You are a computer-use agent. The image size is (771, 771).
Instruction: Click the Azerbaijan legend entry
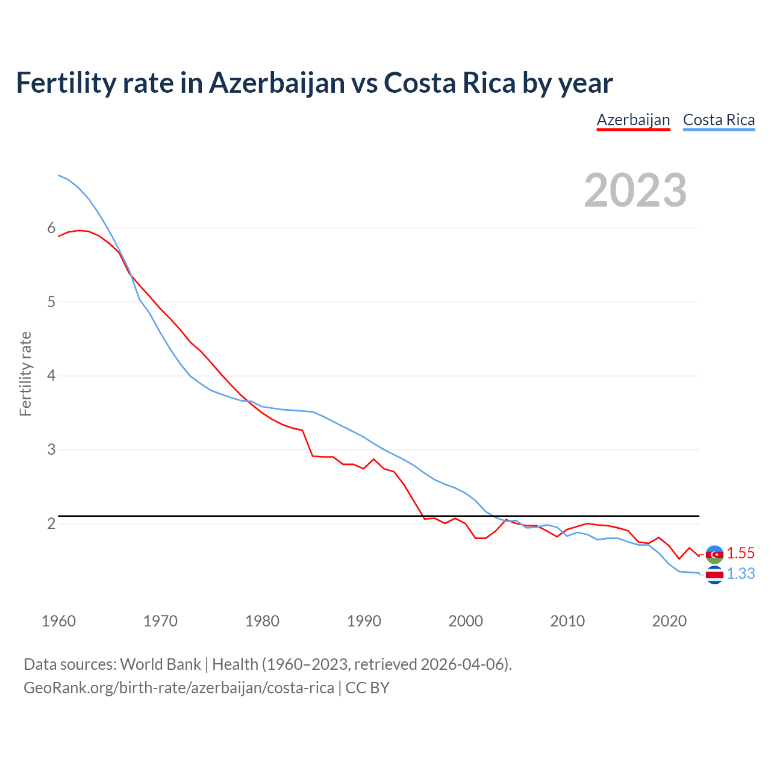[633, 120]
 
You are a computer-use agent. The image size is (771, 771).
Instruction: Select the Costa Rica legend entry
[719, 120]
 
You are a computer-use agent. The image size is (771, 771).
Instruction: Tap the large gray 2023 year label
[635, 190]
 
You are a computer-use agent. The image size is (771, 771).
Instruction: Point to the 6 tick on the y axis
[51, 228]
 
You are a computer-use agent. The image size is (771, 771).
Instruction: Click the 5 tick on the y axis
[51, 302]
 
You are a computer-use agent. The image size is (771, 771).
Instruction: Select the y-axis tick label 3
[51, 449]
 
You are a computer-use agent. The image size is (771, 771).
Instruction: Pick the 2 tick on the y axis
[51, 523]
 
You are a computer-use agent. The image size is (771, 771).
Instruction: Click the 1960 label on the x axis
[58, 621]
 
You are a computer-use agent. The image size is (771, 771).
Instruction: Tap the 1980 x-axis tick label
[262, 621]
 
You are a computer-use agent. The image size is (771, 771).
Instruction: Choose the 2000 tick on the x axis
[466, 621]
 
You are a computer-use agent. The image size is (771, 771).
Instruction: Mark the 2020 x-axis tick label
[669, 621]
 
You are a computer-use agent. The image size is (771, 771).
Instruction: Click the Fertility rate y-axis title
[25, 373]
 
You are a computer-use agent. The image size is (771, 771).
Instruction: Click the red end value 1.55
[740, 553]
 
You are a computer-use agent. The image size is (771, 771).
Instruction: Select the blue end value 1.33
[740, 574]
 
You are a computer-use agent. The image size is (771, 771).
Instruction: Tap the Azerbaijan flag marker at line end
[714, 554]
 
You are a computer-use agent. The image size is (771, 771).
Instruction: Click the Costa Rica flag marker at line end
[714, 575]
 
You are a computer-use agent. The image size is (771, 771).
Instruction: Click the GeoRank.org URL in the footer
[178, 688]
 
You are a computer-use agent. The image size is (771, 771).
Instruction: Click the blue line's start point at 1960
[58, 175]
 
